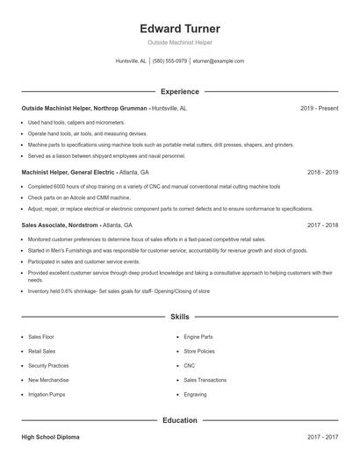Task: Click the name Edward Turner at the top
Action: pyautogui.click(x=180, y=29)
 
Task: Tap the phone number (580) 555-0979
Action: pyautogui.click(x=169, y=61)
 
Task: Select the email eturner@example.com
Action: pyautogui.click(x=219, y=61)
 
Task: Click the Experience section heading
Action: pyautogui.click(x=180, y=91)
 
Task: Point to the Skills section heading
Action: pyautogui.click(x=180, y=316)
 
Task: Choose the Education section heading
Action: pyautogui.click(x=180, y=420)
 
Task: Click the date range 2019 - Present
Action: pyautogui.click(x=319, y=108)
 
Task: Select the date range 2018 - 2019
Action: pyautogui.click(x=322, y=173)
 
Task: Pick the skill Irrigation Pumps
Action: pyautogui.click(x=47, y=395)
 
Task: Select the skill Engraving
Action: pyautogui.click(x=195, y=395)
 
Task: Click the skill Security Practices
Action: pyautogui.click(x=48, y=365)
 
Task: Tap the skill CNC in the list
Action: pyautogui.click(x=189, y=365)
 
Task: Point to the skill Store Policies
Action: pyautogui.click(x=199, y=351)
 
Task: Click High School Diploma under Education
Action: pyautogui.click(x=52, y=436)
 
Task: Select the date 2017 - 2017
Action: pyautogui.click(x=322, y=436)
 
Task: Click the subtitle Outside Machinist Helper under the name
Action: pyautogui.click(x=180, y=42)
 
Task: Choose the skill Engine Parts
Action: pyautogui.click(x=198, y=336)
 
